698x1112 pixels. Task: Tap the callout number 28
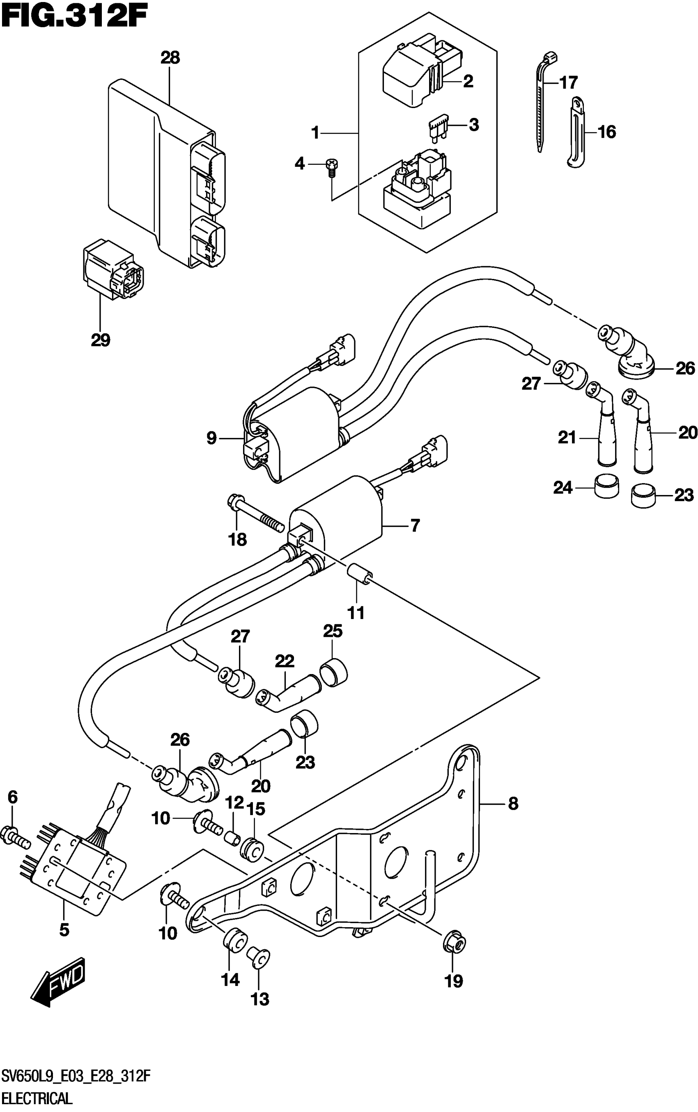point(170,58)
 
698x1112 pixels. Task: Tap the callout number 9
point(211,437)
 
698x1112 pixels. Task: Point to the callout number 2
point(468,82)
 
